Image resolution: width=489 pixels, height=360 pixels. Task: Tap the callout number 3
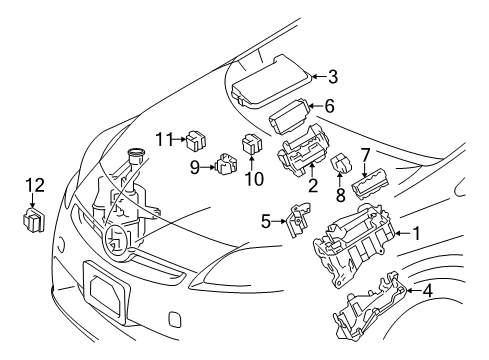(333, 75)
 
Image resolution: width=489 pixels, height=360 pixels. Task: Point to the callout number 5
(265, 220)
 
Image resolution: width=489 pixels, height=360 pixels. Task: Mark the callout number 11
(163, 139)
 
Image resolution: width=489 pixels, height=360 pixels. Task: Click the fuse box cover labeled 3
(270, 82)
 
